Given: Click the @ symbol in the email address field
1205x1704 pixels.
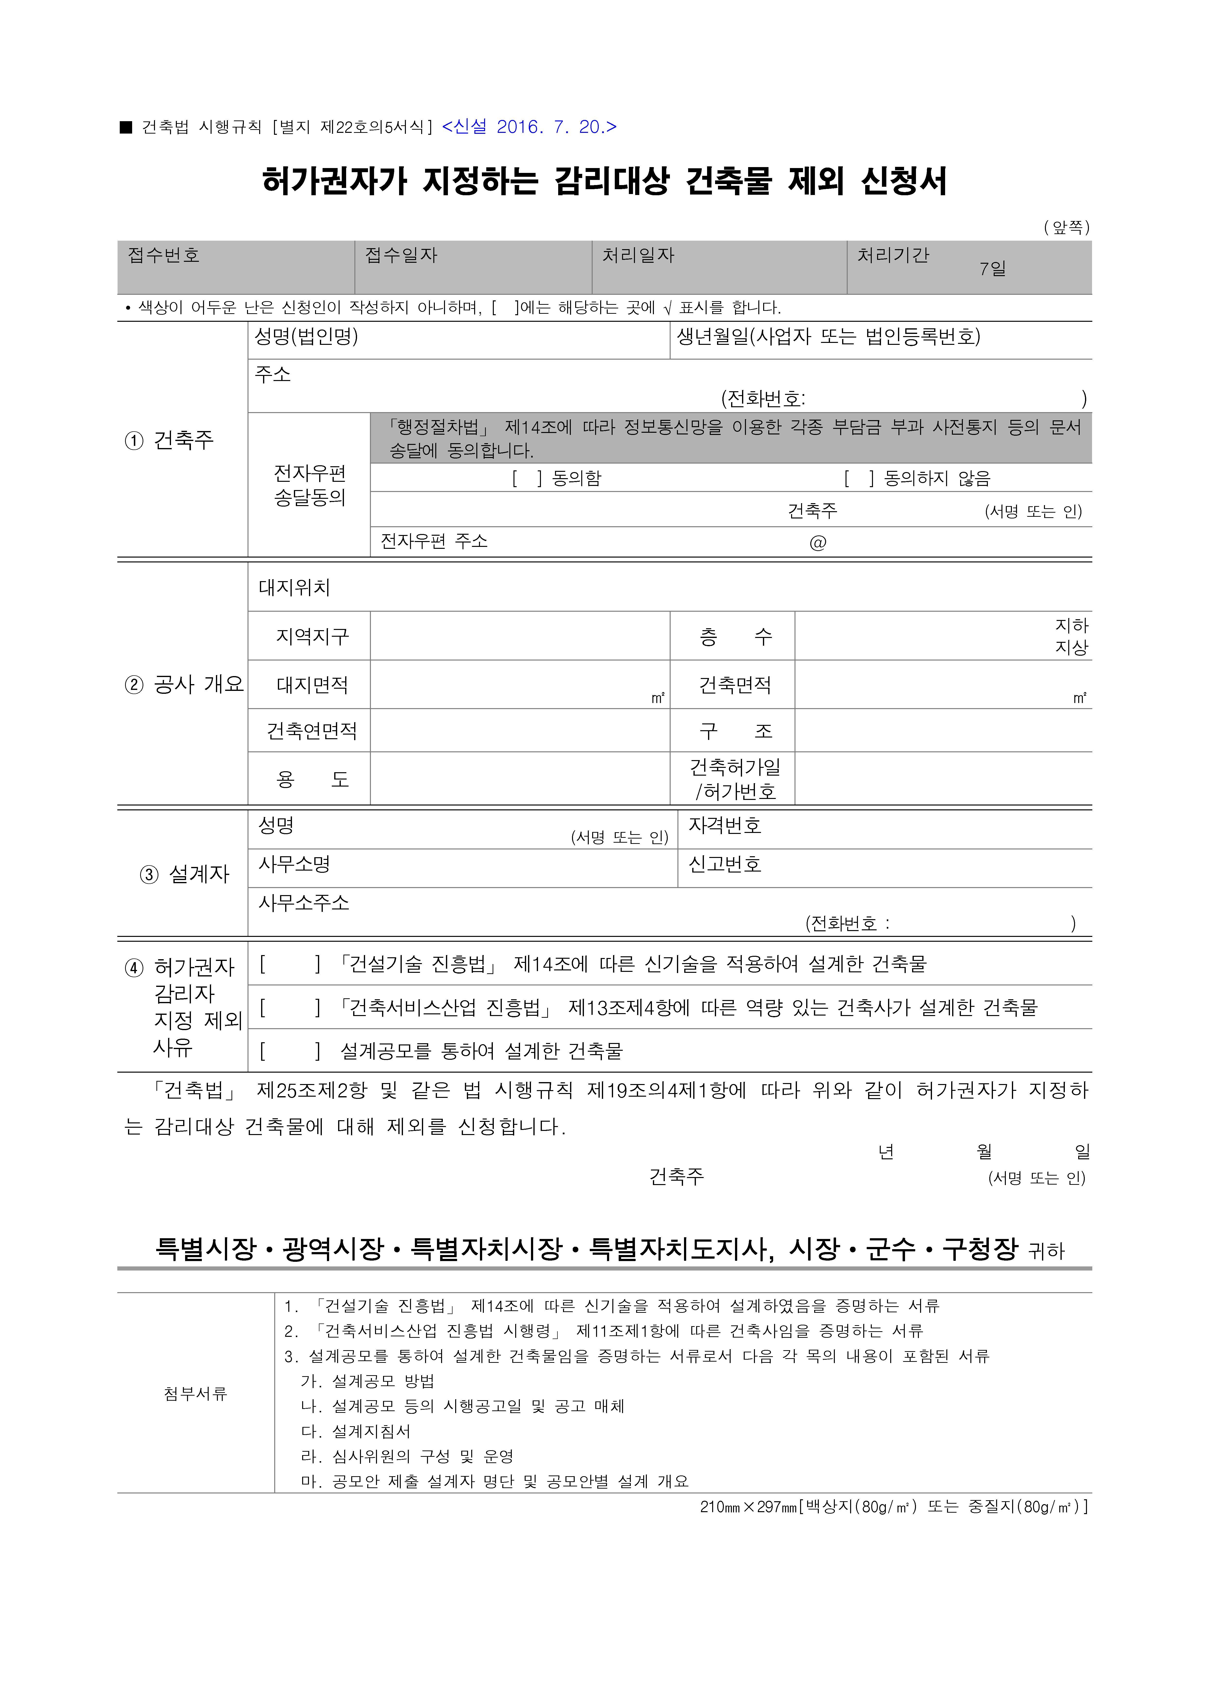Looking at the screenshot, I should (817, 543).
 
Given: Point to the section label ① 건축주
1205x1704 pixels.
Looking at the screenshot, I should (169, 440).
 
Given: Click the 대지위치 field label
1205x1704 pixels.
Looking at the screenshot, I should (294, 588).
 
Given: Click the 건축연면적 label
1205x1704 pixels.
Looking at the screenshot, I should (312, 731).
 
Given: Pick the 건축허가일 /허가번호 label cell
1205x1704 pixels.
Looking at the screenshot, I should (734, 779).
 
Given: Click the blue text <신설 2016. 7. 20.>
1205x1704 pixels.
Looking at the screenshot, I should (529, 127).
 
